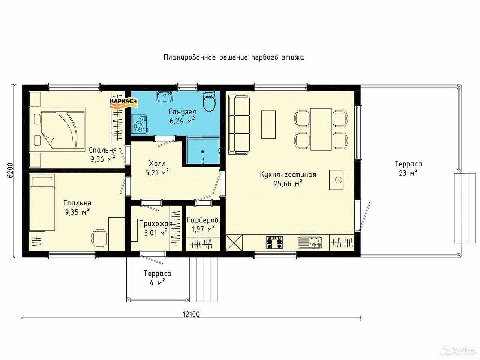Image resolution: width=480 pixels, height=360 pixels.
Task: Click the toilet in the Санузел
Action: (x=209, y=102)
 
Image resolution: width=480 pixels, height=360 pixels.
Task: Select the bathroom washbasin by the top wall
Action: (x=165, y=96)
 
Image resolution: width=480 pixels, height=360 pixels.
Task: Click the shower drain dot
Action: (x=203, y=152)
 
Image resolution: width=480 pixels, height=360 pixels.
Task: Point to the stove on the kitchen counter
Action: (x=274, y=242)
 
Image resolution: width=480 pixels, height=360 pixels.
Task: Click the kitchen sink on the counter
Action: (x=310, y=242)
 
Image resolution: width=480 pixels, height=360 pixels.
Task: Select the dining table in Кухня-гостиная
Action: (x=321, y=129)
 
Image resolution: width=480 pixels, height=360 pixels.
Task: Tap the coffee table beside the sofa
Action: (x=268, y=124)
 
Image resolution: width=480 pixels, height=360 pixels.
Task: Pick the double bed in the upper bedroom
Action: (x=57, y=129)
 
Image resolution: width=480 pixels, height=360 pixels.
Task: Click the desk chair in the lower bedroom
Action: (x=99, y=238)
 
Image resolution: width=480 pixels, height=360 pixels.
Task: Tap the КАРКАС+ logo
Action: (x=123, y=103)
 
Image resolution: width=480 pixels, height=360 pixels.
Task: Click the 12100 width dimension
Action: (x=191, y=314)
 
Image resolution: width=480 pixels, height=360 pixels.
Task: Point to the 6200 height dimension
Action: (x=11, y=170)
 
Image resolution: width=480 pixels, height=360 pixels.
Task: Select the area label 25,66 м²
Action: (x=288, y=183)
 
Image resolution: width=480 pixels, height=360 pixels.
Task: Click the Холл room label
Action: (x=157, y=163)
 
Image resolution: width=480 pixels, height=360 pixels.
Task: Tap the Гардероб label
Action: (x=203, y=220)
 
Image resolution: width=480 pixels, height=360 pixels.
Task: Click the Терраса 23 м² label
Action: (x=408, y=168)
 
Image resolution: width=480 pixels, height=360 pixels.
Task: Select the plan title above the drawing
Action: (x=234, y=57)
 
